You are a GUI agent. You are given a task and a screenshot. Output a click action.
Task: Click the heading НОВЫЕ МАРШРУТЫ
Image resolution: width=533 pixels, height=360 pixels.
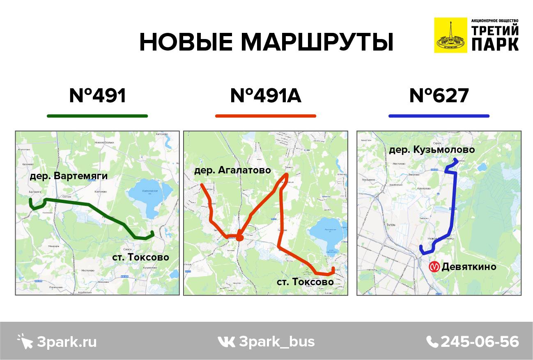(266, 42)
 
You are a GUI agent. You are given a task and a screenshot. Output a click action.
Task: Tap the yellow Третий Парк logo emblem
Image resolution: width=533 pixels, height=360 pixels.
(450, 35)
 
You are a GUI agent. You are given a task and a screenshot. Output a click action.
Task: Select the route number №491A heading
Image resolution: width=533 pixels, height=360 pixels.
(266, 96)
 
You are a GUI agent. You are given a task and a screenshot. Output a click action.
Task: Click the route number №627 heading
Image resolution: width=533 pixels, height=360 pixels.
(439, 96)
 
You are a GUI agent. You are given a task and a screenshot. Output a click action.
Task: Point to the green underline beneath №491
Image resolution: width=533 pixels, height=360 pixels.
(97, 116)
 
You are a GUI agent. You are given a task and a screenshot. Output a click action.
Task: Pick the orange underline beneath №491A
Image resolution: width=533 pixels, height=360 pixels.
(266, 116)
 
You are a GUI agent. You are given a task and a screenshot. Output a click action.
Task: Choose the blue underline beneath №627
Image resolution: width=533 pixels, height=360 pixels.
(439, 116)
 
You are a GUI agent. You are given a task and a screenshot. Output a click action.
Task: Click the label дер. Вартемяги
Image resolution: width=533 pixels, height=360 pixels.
(69, 176)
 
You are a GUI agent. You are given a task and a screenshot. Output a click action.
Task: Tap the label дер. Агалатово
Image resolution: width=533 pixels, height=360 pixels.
(232, 170)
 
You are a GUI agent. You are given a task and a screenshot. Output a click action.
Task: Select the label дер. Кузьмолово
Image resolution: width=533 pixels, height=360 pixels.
(432, 150)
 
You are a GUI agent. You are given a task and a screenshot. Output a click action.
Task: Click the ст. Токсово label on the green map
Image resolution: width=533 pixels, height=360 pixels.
(141, 257)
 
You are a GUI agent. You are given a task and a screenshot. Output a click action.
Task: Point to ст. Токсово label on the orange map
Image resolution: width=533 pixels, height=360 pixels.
(305, 282)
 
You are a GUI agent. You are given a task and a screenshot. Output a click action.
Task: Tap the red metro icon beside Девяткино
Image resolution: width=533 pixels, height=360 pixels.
(434, 267)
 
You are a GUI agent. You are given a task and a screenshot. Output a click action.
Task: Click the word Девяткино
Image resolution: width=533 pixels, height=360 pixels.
(469, 267)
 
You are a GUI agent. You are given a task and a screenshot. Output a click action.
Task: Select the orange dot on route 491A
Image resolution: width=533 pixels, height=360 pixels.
(240, 237)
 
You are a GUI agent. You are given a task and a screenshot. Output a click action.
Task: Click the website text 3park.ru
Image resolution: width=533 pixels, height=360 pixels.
(67, 342)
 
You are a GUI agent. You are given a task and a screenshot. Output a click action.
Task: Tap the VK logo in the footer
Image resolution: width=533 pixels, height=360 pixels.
(226, 342)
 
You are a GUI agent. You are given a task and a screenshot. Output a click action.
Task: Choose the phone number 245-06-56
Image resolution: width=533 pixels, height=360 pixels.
(480, 342)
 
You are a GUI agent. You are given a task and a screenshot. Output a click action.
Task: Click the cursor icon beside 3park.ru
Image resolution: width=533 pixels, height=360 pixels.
(25, 341)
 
